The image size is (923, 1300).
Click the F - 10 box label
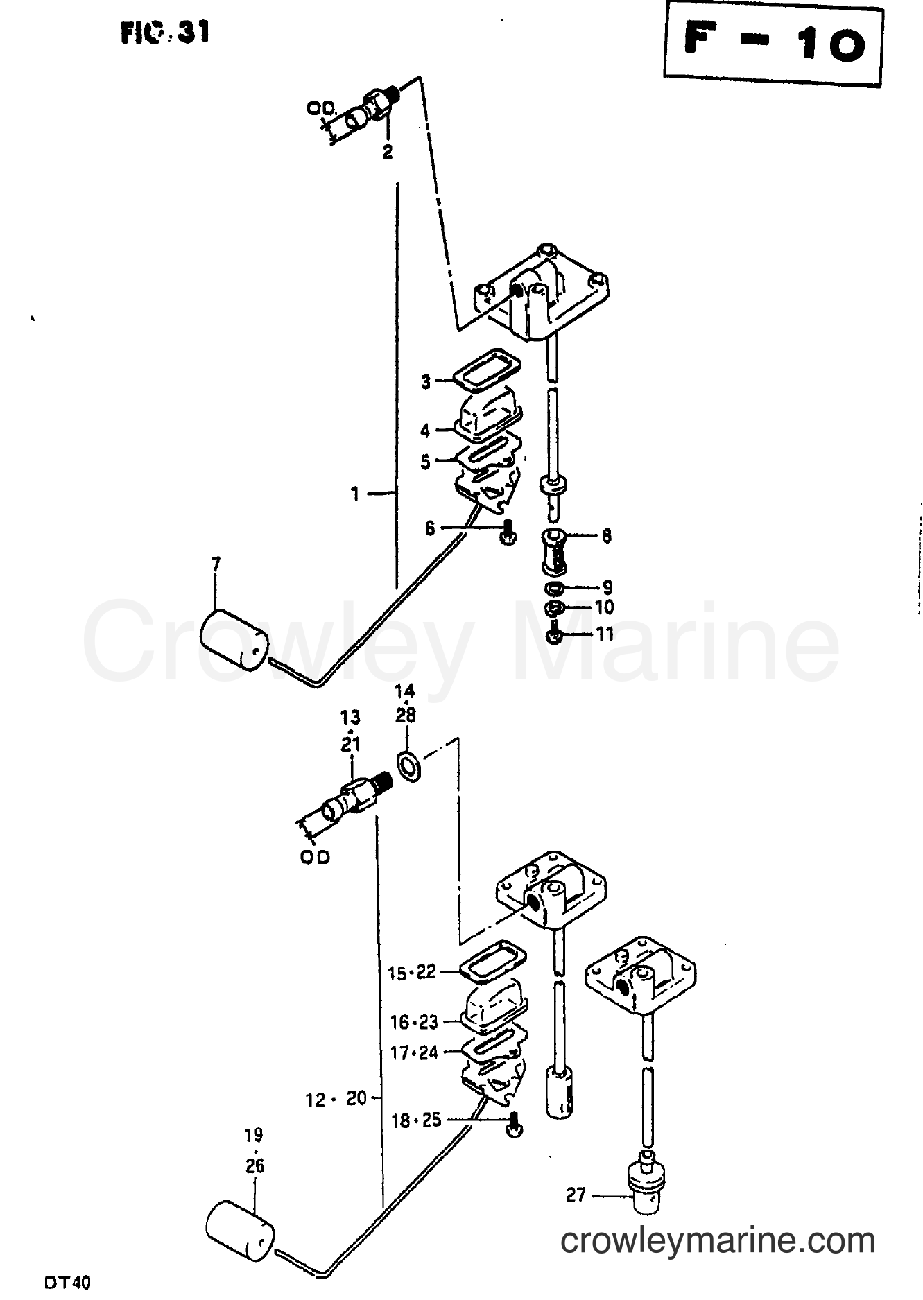[x=774, y=44]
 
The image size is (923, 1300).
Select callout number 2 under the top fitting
[x=387, y=152]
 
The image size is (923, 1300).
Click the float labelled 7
[x=232, y=639]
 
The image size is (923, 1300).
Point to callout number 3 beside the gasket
[x=426, y=381]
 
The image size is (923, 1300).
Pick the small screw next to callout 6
[x=509, y=532]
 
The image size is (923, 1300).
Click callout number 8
[x=607, y=535]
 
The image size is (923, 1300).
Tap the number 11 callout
[x=605, y=634]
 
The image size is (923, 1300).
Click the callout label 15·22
[x=412, y=973]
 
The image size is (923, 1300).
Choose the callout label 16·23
[x=414, y=1022]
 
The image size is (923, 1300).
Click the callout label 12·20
[x=336, y=1099]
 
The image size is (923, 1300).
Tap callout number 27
[x=576, y=1195]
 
